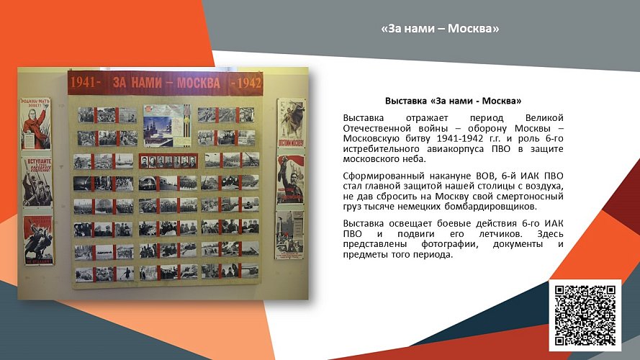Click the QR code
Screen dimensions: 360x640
pos(585,315)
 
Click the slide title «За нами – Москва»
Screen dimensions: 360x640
pos(440,29)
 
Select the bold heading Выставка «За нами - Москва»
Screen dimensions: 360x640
pos(453,101)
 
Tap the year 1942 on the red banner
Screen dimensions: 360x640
pos(245,83)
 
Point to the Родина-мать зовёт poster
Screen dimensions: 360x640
pos(35,124)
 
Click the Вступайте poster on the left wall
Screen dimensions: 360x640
pos(37,181)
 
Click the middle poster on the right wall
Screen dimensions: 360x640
pos(291,179)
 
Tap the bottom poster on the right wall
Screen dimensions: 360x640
pos(289,233)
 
